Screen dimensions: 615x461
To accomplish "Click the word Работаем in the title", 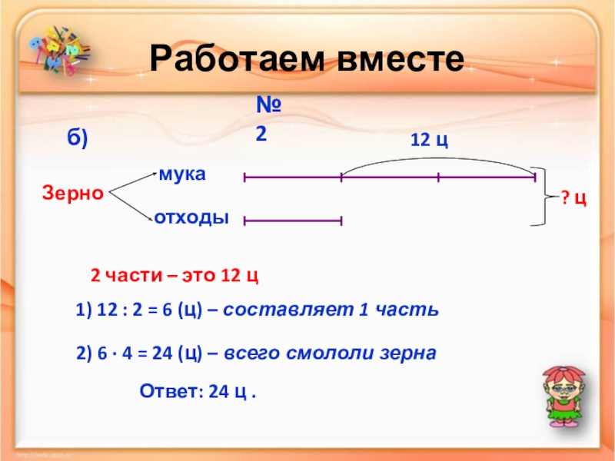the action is click(x=237, y=59).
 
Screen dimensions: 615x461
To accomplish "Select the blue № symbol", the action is click(x=268, y=104).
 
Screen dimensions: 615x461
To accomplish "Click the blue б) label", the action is click(x=78, y=138).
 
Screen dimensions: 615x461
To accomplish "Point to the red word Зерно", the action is click(x=73, y=193).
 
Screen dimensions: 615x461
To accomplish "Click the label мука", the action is click(x=182, y=174).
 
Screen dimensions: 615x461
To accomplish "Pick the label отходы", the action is click(x=191, y=217).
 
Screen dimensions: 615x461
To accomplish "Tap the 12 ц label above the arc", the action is click(x=429, y=140).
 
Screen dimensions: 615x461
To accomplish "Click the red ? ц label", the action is click(x=573, y=198).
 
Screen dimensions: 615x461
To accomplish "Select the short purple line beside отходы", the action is click(x=293, y=221).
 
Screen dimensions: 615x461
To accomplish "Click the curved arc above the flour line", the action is click(x=438, y=158).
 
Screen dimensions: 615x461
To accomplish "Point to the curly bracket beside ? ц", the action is click(x=545, y=197).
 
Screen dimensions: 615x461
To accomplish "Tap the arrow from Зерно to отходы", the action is click(x=131, y=207).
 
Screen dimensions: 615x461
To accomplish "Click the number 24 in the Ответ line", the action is click(x=219, y=391).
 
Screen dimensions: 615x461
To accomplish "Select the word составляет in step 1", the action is click(x=288, y=310).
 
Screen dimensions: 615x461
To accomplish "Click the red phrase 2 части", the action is click(x=126, y=276).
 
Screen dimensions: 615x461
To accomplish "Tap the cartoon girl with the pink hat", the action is click(x=563, y=396).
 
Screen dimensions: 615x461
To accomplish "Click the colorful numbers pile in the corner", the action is click(x=59, y=50).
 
